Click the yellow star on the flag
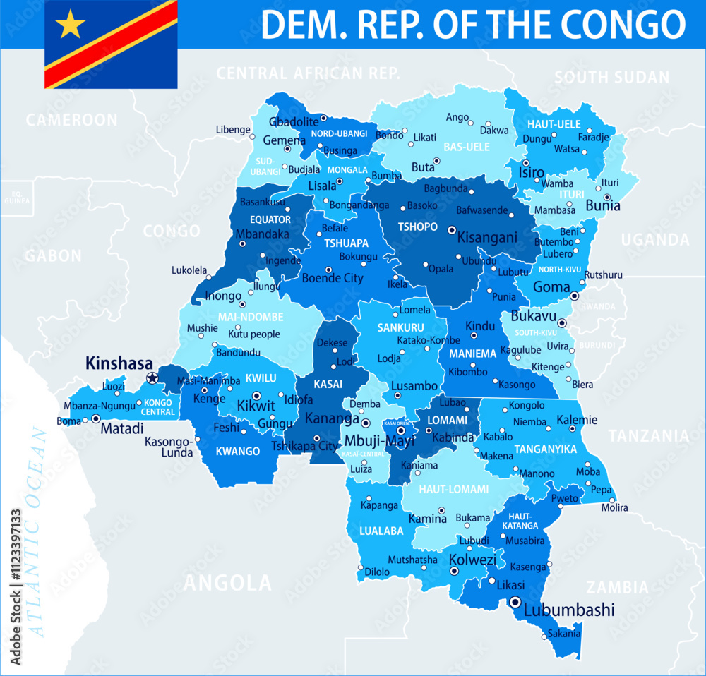coord(70,25)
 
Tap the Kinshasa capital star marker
coord(152,378)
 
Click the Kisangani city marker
coord(452,229)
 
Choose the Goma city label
coord(552,287)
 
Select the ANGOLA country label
coord(227,583)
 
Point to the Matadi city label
coord(122,428)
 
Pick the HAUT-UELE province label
coord(554,124)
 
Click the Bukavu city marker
coord(562,322)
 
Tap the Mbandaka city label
coord(263,234)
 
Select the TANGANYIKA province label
coord(546,449)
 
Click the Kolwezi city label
coord(473,560)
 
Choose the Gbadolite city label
coord(294,121)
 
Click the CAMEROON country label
coord(72,121)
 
